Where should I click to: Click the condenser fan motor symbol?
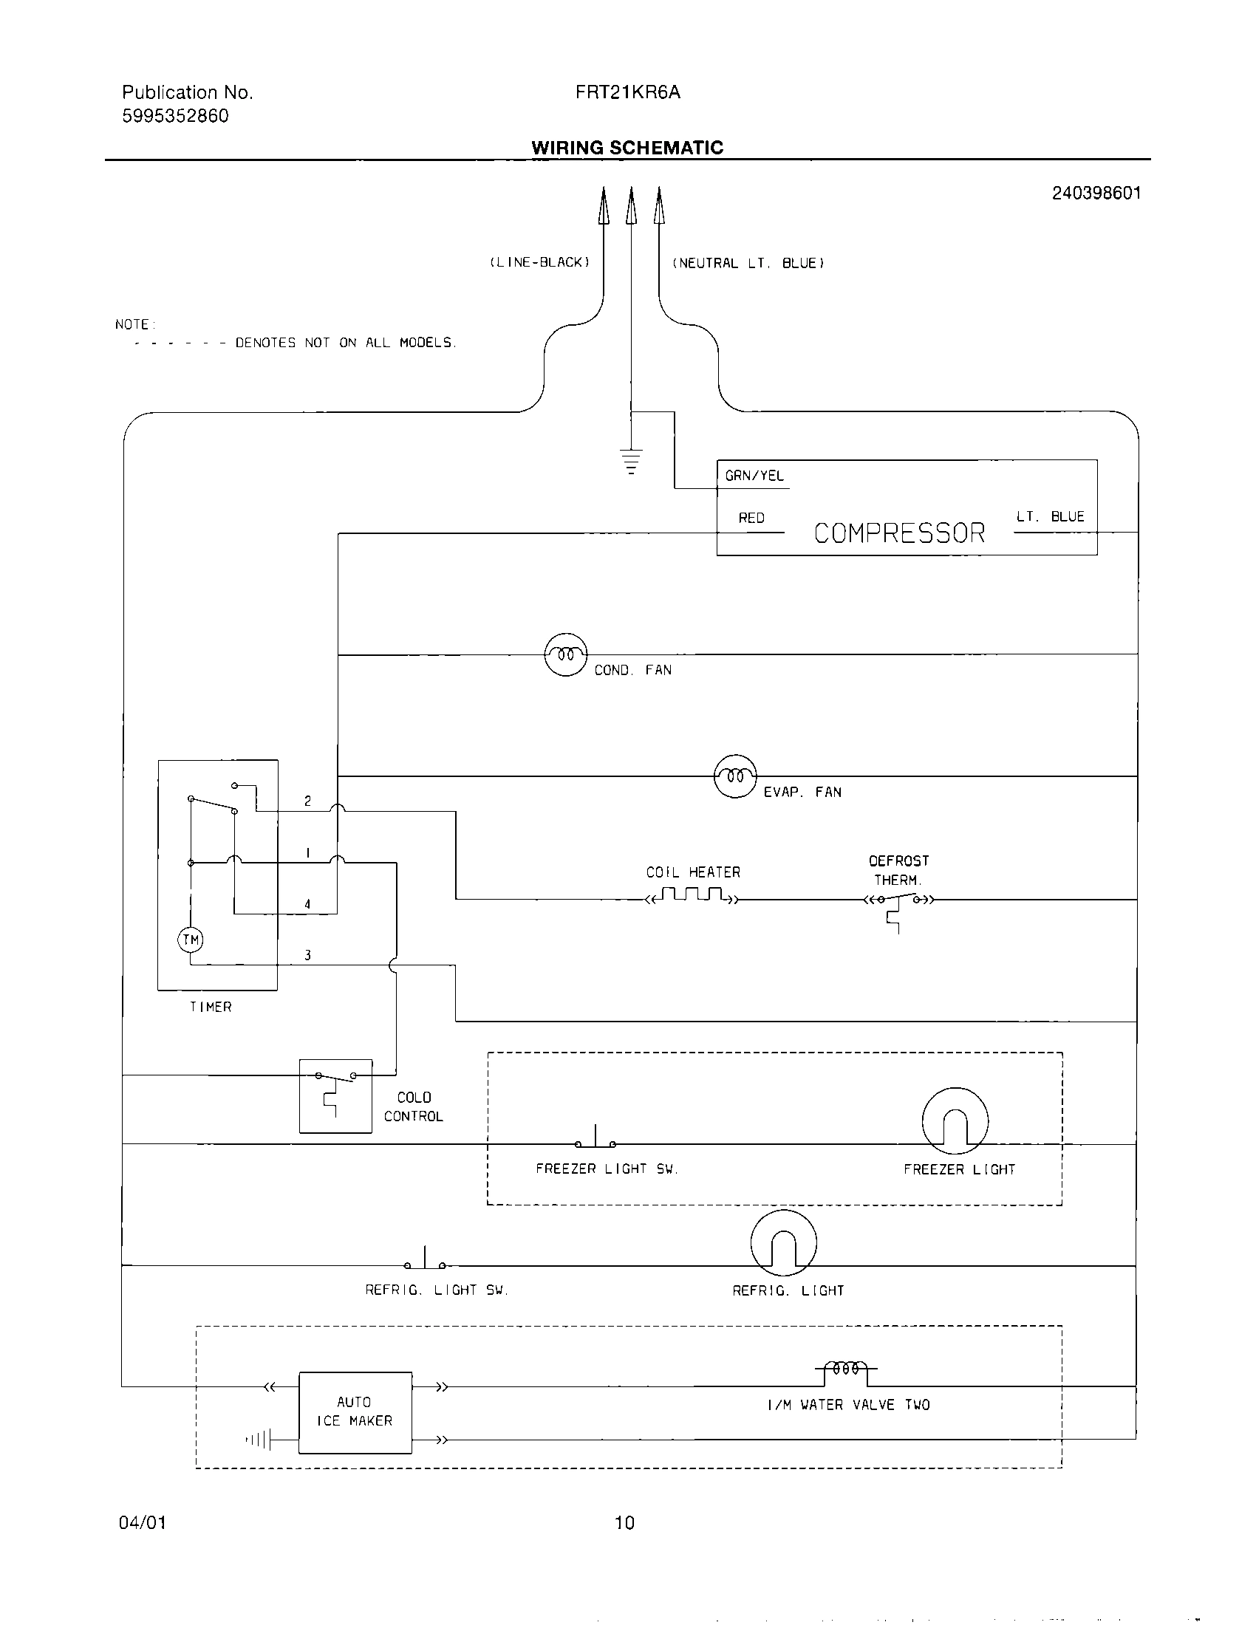[565, 654]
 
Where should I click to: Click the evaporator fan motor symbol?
[735, 776]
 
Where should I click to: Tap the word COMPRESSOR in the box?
[899, 533]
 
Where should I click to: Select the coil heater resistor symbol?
[693, 895]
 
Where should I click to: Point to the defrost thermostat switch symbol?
[899, 902]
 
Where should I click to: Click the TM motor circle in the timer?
[191, 940]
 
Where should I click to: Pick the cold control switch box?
[335, 1095]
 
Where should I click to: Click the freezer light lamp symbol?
[955, 1121]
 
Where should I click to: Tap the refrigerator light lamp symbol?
[783, 1242]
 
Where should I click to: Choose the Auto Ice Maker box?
[355, 1412]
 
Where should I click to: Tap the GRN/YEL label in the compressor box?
[754, 476]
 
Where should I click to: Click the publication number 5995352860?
[176, 116]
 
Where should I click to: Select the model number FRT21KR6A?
[627, 92]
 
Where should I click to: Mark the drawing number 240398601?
[1095, 194]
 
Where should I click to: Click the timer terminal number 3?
[307, 955]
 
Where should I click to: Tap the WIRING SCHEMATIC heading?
[627, 147]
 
